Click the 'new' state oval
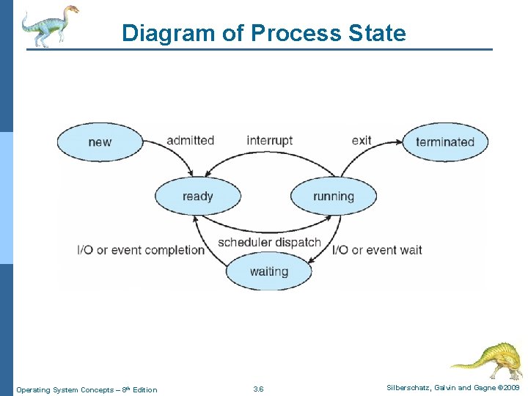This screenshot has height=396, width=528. click(100, 142)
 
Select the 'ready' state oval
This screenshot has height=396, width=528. click(197, 196)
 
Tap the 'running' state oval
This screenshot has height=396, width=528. click(333, 196)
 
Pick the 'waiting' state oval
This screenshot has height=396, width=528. click(268, 271)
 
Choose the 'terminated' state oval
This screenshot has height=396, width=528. click(444, 142)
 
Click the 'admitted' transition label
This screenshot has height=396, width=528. click(190, 140)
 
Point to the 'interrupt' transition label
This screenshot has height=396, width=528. click(269, 140)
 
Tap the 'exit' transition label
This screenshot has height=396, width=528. click(362, 140)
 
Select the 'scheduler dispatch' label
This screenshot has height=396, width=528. click(269, 242)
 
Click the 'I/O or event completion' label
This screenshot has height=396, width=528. click(141, 250)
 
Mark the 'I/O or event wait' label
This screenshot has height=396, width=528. click(377, 250)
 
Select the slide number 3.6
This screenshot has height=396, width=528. click(258, 389)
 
